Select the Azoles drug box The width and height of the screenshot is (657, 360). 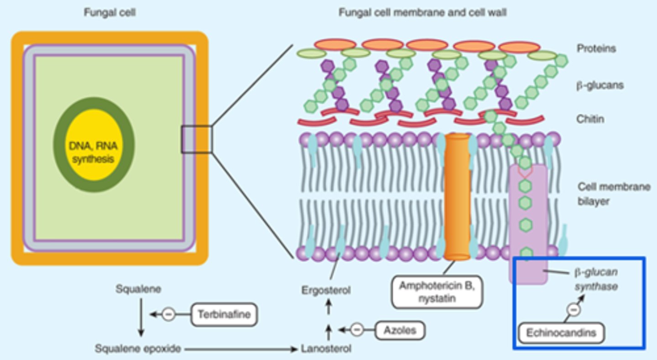click(x=400, y=329)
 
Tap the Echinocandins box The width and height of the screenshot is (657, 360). click(x=561, y=333)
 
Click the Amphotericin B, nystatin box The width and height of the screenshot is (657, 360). click(x=437, y=292)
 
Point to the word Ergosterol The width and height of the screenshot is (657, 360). click(x=326, y=290)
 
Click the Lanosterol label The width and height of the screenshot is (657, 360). click(x=326, y=349)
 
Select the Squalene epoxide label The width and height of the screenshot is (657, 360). click(x=138, y=349)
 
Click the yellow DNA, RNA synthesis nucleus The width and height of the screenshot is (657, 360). click(x=94, y=145)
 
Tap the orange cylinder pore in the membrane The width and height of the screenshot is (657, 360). click(x=457, y=196)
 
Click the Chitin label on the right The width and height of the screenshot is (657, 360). click(x=590, y=119)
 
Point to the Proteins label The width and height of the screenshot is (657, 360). click(x=596, y=48)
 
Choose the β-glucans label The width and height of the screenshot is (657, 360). click(x=600, y=85)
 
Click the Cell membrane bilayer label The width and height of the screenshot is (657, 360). click(x=614, y=193)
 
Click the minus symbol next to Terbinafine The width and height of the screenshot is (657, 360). click(x=168, y=314)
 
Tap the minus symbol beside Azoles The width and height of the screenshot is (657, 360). click(x=357, y=329)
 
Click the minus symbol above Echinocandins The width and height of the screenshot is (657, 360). click(x=574, y=310)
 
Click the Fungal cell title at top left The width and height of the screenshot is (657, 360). click(x=109, y=13)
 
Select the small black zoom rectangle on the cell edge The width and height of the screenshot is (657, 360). click(x=197, y=139)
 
